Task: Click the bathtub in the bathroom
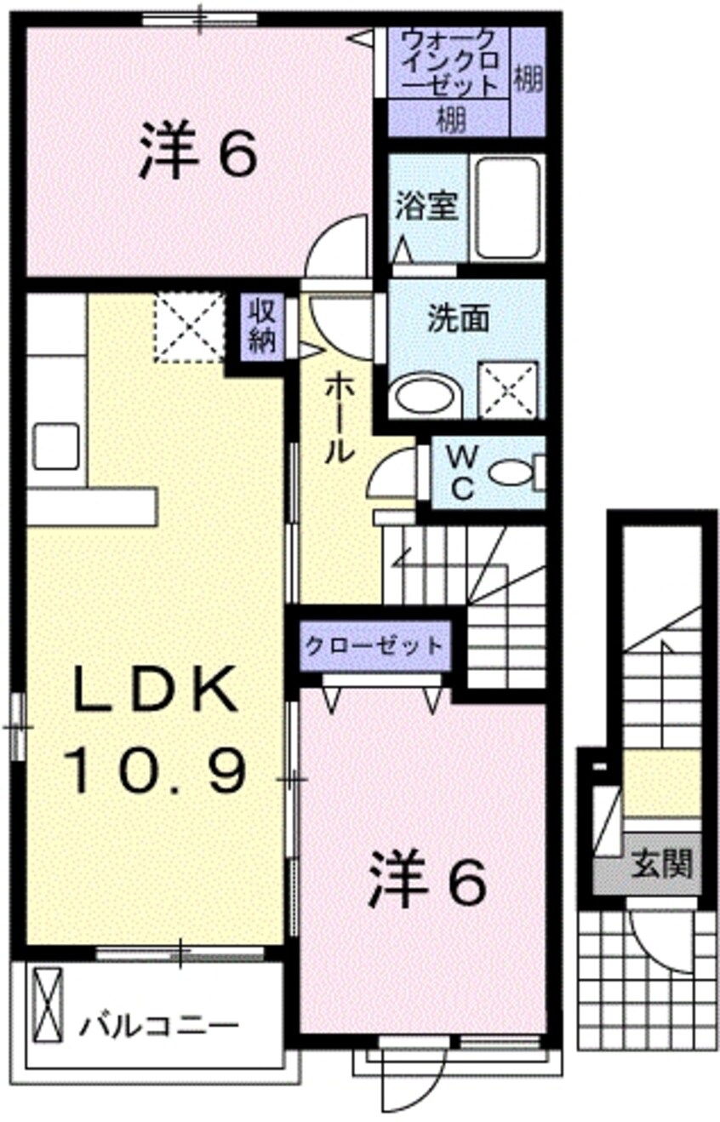pos(508,208)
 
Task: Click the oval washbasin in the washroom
pos(426,397)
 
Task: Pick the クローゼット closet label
pos(374,644)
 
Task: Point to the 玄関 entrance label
pos(661,866)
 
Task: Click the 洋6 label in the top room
pos(197,150)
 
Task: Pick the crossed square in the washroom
pos(508,391)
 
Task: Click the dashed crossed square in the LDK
pos(188,327)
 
